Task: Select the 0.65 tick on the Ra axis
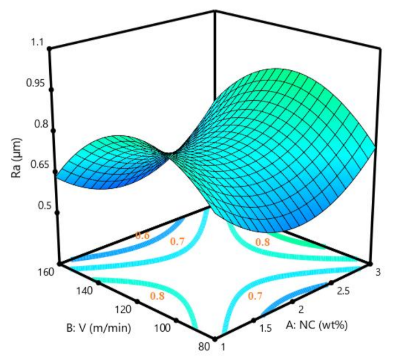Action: click(34, 164)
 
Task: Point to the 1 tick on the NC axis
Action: click(223, 347)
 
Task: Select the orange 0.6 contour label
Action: click(142, 235)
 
